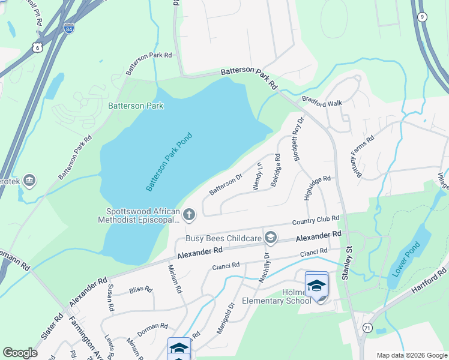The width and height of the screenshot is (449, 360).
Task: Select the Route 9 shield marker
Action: [x=423, y=17]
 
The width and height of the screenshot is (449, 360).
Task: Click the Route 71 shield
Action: [x=367, y=328]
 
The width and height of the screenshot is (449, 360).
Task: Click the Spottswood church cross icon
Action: [x=189, y=214]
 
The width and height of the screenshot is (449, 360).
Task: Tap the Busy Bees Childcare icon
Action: [x=271, y=238]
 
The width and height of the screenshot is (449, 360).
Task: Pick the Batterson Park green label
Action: [x=136, y=106]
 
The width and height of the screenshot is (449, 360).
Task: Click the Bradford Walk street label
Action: [x=322, y=103]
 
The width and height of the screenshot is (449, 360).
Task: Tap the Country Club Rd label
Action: [x=316, y=220]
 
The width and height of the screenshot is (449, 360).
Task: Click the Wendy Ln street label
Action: [x=258, y=176]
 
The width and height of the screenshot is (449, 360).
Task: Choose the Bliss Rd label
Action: [x=141, y=289]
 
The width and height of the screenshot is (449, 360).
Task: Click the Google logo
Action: [x=20, y=353]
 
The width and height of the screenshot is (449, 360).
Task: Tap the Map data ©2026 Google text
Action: [x=411, y=355]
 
